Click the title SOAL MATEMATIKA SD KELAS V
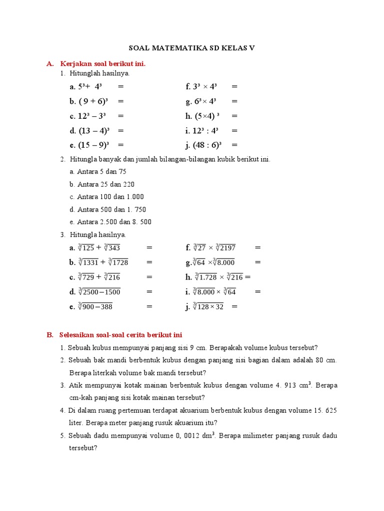pyautogui.click(x=192, y=48)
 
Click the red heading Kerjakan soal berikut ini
pyautogui.click(x=102, y=64)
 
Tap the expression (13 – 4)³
pyautogui.click(x=94, y=131)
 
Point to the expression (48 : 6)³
pyautogui.click(x=207, y=145)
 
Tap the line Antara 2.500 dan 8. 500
pyautogui.click(x=114, y=222)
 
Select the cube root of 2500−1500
pyautogui.click(x=99, y=292)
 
